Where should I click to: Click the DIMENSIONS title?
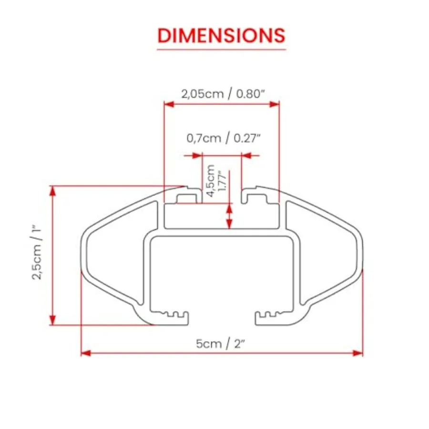(x=221, y=36)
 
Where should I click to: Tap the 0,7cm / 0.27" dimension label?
(x=224, y=138)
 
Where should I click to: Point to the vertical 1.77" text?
(x=220, y=181)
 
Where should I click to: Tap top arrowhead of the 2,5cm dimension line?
(x=53, y=191)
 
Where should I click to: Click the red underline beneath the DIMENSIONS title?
(x=221, y=49)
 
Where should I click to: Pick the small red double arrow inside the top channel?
(x=230, y=216)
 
